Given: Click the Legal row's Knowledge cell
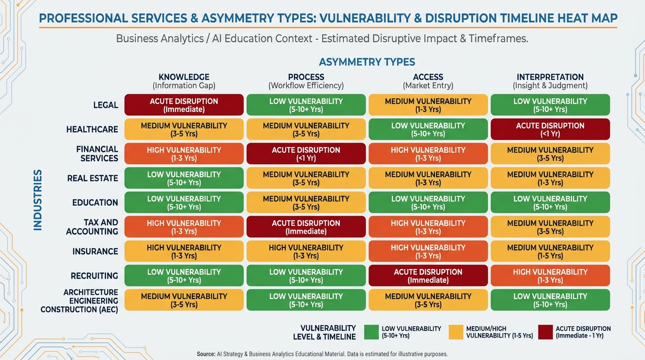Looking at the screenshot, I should (x=184, y=105).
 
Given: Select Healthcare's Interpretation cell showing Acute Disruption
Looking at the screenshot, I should (x=550, y=129).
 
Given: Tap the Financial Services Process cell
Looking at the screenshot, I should (x=306, y=154).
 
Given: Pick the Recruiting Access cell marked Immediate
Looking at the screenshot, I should (x=428, y=276).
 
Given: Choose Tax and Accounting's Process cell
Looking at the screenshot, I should (x=306, y=227).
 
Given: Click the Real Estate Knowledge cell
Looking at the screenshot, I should (x=184, y=178).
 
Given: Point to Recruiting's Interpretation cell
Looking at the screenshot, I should (x=550, y=276).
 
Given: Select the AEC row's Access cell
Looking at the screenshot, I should (x=428, y=300).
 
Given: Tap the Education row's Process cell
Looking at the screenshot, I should (x=306, y=202).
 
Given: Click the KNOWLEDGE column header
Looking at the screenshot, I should (x=184, y=77).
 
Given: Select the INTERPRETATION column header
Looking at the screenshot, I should (x=550, y=77).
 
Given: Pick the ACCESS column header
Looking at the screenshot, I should (x=428, y=77).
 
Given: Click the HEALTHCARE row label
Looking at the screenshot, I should (x=92, y=130).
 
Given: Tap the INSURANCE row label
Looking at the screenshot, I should (x=95, y=252).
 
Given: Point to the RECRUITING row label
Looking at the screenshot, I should (x=94, y=276).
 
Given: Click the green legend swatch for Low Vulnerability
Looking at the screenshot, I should (x=371, y=332).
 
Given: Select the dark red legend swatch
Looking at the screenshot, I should (x=545, y=332).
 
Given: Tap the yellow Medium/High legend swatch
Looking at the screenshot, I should (x=456, y=332).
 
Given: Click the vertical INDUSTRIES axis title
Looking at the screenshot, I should (x=38, y=200).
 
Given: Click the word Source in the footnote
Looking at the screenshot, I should (x=206, y=354).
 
